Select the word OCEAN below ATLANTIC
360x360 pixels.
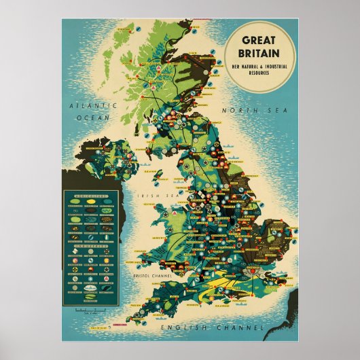pyautogui.click(x=89, y=117)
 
